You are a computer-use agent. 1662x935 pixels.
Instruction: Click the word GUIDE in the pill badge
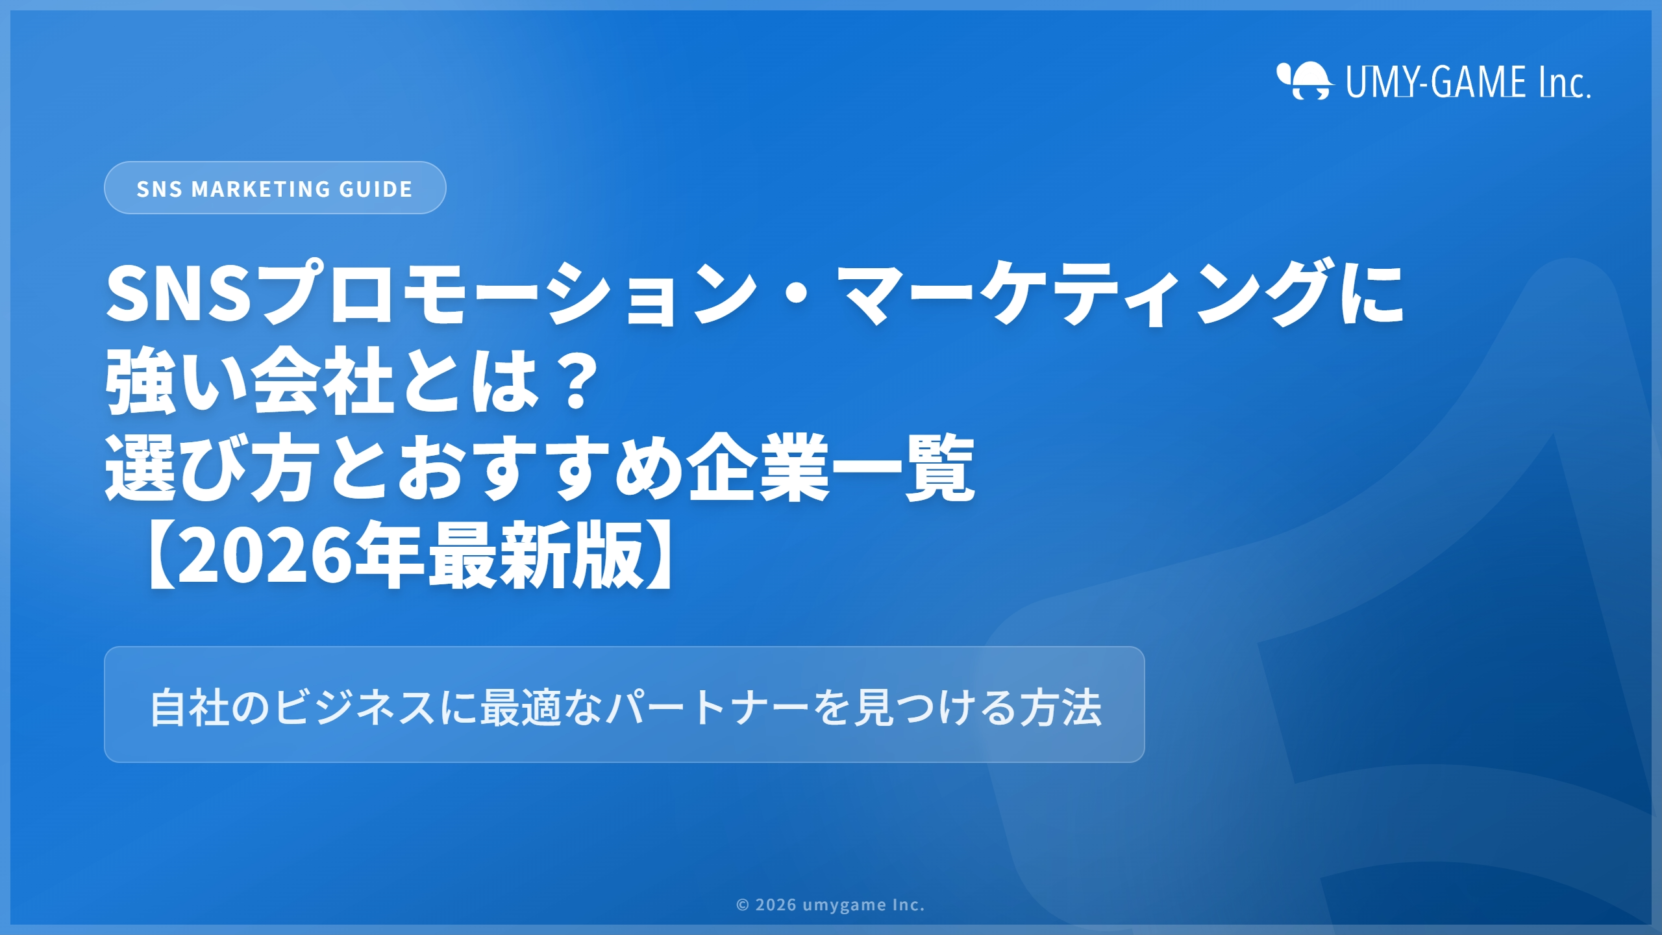click(376, 189)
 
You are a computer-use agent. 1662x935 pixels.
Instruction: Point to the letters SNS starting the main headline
click(179, 293)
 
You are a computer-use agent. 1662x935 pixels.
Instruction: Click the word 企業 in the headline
click(760, 467)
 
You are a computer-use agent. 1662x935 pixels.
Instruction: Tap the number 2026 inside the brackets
click(266, 555)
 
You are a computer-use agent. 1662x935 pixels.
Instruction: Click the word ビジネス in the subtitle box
click(355, 707)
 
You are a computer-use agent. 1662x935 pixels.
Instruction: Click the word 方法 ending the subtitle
click(1061, 707)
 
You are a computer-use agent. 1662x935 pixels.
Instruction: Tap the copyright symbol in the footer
click(743, 905)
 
